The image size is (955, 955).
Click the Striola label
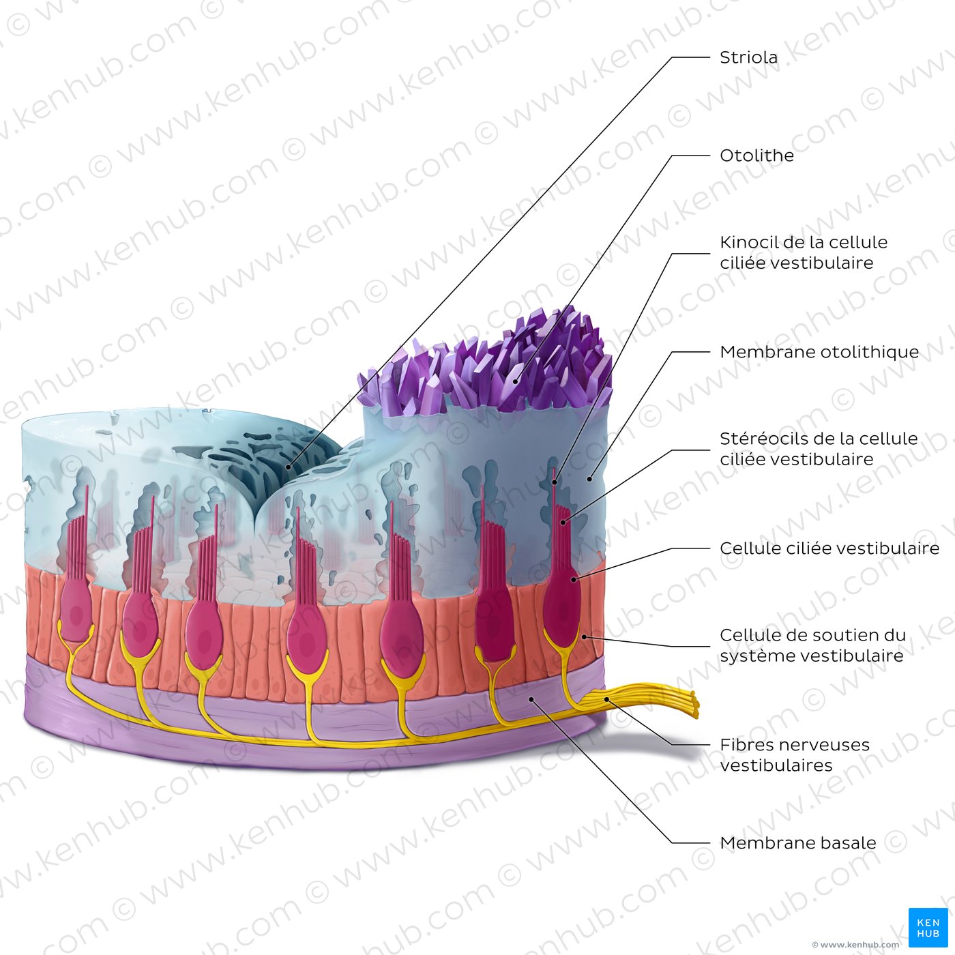[748, 57]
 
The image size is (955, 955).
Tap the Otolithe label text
[756, 156]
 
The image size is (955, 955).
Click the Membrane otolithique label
[819, 352]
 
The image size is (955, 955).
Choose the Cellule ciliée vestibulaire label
[829, 548]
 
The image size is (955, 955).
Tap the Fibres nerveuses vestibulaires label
[795, 754]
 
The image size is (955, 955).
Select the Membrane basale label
[798, 842]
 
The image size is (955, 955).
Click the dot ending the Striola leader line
[289, 467]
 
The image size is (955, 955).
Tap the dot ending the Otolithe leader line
[516, 381]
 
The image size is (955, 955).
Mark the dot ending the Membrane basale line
[531, 699]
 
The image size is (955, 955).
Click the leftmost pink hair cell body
[75, 611]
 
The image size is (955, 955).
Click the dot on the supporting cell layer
[585, 637]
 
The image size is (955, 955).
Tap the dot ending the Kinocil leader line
[555, 482]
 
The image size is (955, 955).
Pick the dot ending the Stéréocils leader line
[563, 522]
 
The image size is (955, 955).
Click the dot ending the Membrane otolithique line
[590, 479]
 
